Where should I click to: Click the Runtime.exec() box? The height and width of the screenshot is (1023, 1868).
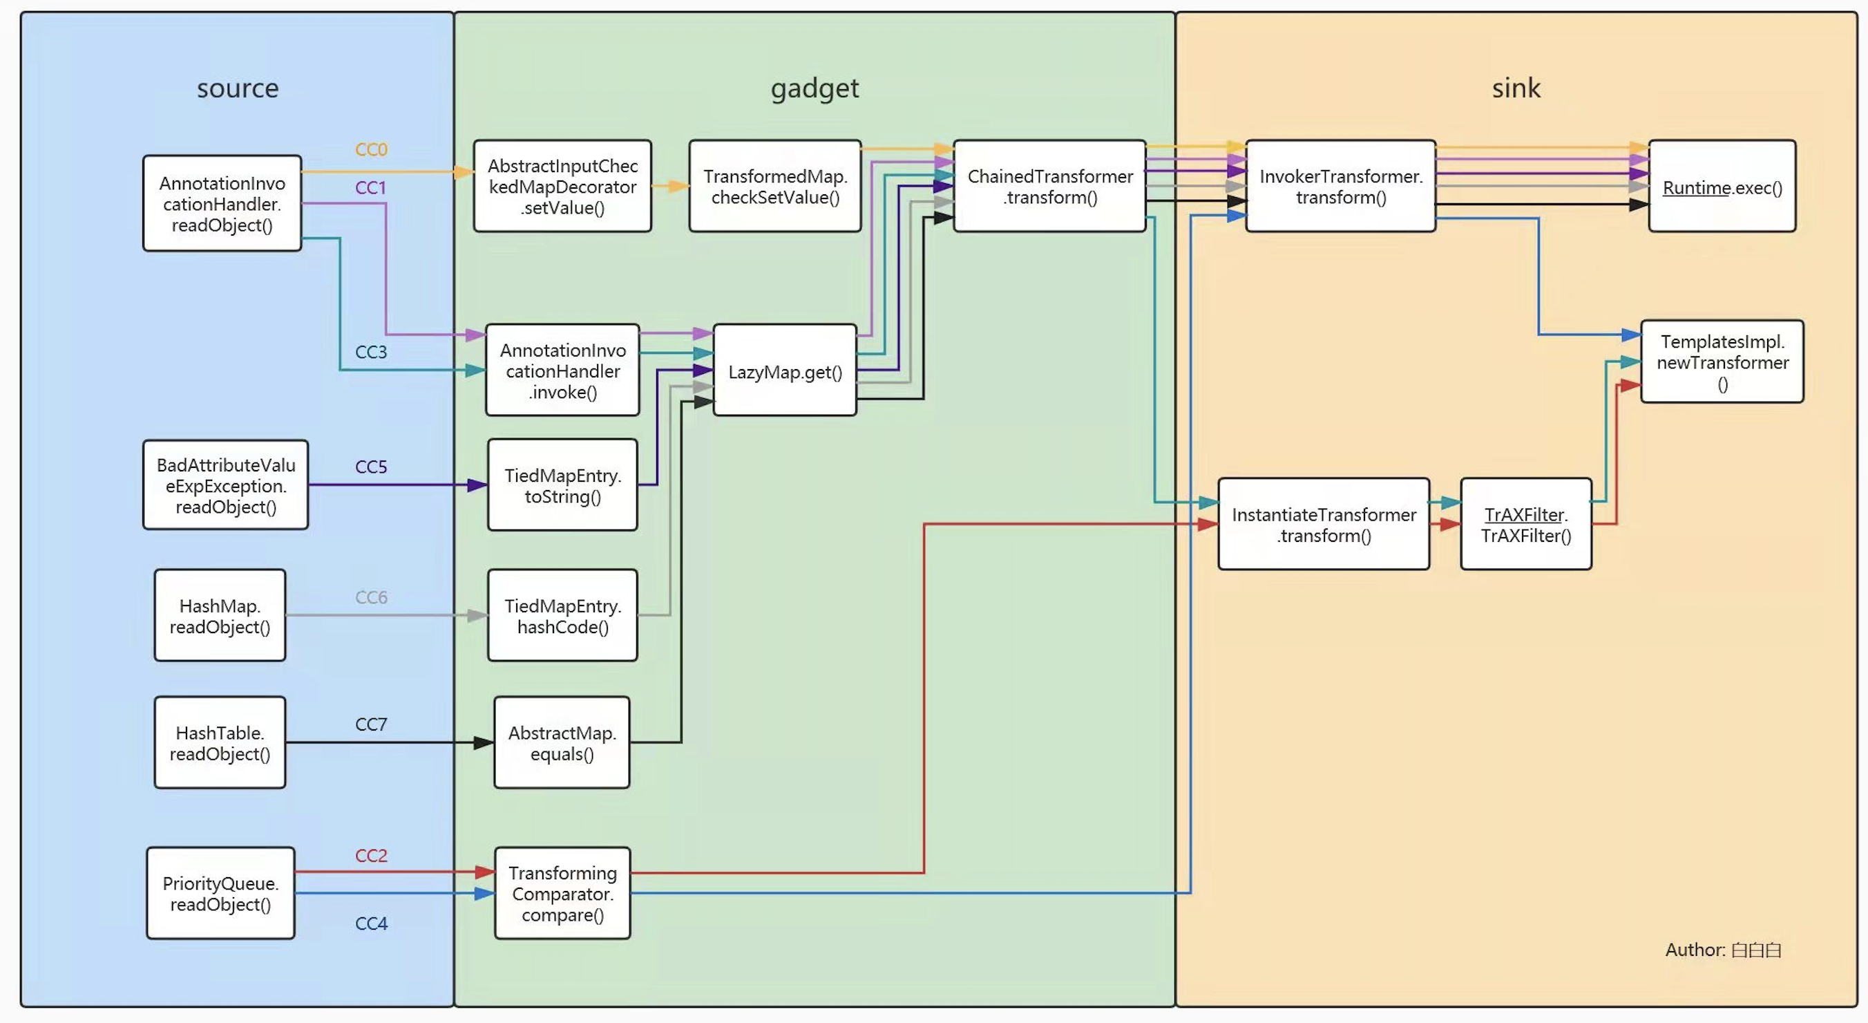tap(1722, 187)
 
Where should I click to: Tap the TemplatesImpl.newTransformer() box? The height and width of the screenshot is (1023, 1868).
tap(1722, 362)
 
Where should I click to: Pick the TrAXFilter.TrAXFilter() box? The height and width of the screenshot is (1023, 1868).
tap(1526, 524)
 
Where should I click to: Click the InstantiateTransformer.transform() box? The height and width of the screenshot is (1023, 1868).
tap(1324, 524)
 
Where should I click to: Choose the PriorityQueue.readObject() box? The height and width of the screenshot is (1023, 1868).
tap(220, 893)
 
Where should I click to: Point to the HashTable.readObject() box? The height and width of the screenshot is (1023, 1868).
tap(220, 742)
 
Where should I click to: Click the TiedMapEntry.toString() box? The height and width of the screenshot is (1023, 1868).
tap(563, 485)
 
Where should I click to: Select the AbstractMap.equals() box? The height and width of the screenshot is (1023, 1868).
tap(562, 742)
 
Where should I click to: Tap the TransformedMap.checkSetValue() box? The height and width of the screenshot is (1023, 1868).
tap(774, 187)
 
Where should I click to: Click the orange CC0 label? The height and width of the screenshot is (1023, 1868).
tap(371, 149)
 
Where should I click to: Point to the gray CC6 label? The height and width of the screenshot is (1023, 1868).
tap(371, 597)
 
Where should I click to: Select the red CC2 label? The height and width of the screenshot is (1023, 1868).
tap(371, 856)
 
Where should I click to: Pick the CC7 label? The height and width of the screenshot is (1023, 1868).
tap(371, 724)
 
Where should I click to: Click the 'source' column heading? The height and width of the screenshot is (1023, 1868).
tap(238, 88)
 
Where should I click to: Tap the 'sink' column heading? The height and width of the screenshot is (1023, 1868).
tap(1516, 88)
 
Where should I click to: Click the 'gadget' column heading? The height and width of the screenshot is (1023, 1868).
tap(814, 88)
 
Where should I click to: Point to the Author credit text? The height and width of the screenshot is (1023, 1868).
tap(1723, 950)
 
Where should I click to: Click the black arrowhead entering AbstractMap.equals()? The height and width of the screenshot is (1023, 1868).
tap(484, 742)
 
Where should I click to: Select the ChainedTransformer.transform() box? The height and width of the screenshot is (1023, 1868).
tap(1049, 187)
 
